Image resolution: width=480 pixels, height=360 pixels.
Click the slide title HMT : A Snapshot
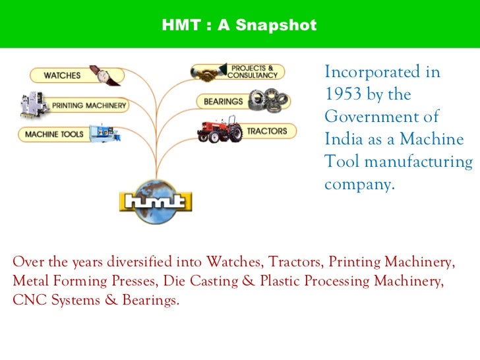[x=239, y=26]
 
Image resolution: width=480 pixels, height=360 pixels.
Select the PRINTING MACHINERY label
[x=90, y=105]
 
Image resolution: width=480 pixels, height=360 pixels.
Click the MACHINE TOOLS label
[x=54, y=134]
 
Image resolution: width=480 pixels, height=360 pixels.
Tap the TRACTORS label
[x=266, y=131]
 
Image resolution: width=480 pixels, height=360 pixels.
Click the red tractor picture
[x=220, y=129]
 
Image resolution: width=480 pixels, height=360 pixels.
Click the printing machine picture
[x=34, y=104]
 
